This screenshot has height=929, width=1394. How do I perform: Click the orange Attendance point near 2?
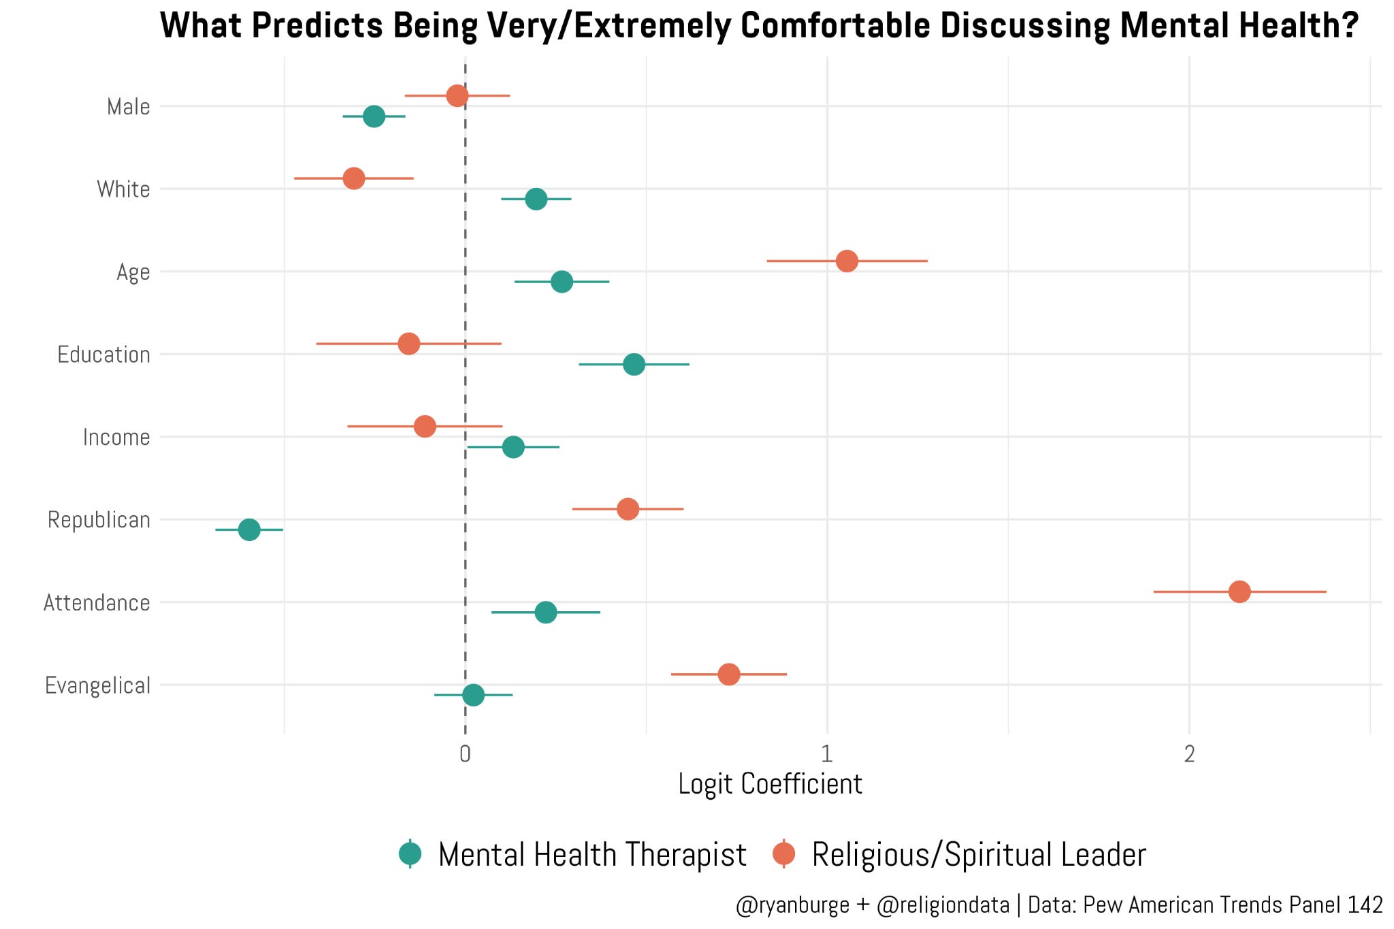(x=1239, y=591)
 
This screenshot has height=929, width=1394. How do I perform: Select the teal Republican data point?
(x=249, y=529)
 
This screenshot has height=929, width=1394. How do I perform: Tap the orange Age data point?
(x=847, y=261)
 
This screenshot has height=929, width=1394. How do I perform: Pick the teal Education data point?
(x=634, y=364)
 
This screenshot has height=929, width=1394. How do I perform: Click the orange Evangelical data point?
(x=729, y=674)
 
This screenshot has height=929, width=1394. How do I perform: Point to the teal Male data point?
(x=374, y=116)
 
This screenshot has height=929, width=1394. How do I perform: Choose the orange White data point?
(x=354, y=178)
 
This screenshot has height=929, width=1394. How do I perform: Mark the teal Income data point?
(x=513, y=447)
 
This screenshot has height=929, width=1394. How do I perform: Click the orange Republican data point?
(x=628, y=509)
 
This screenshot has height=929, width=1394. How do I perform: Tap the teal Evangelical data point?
(x=473, y=695)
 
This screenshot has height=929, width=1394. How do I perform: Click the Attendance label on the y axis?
(x=97, y=602)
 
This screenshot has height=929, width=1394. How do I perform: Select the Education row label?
(x=103, y=355)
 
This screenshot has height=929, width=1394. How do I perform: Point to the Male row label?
(x=129, y=107)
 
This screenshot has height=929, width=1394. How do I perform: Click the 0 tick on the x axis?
(x=465, y=754)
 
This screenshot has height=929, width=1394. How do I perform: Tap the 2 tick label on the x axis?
(x=1189, y=754)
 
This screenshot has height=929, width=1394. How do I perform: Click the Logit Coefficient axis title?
(x=770, y=784)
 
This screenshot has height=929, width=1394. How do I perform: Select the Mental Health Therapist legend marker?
(x=410, y=854)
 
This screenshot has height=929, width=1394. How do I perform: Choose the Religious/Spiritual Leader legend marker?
(x=784, y=854)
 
